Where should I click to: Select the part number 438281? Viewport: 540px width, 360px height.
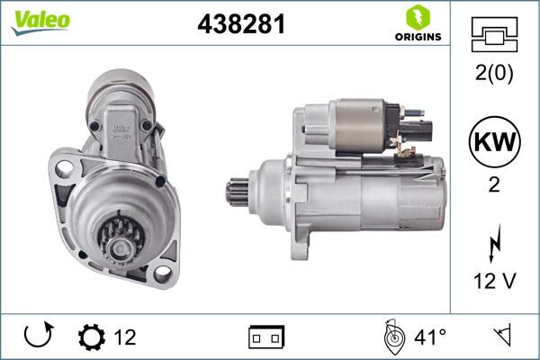pos(241,26)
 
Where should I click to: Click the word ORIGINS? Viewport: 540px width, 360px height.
pos(417,38)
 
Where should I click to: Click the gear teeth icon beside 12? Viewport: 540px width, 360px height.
pos(92,338)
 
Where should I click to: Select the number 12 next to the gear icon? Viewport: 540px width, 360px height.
pos(126,338)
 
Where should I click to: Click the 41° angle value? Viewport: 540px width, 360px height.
pos(430,338)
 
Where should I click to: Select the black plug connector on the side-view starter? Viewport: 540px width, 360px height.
pos(422,125)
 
